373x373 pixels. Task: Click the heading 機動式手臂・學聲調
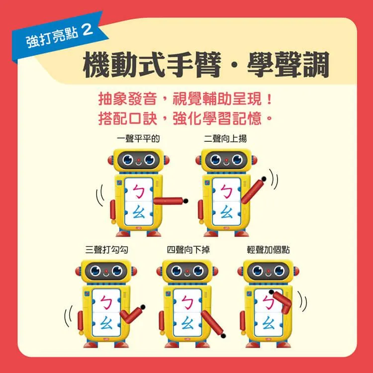[206, 65]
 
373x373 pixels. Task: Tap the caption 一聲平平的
[138, 138]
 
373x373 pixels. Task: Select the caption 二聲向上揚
[225, 138]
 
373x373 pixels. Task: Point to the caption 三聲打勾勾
[106, 250]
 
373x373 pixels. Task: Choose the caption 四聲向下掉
[188, 250]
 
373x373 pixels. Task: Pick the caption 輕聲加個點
[269, 250]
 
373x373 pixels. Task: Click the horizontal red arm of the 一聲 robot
[170, 201]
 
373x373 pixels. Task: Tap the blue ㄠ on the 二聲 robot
[226, 212]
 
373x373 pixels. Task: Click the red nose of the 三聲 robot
[106, 271]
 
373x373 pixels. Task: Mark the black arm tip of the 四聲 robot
[223, 336]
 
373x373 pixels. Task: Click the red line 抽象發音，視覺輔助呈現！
[185, 99]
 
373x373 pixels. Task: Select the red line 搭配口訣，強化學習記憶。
[185, 118]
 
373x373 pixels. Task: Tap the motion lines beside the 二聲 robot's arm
[274, 180]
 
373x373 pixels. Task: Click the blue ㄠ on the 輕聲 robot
[269, 323]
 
